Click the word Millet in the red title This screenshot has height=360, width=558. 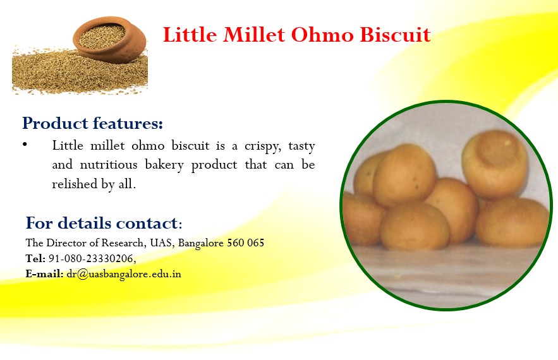pyautogui.click(x=254, y=35)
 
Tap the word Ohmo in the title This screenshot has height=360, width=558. pyautogui.click(x=322, y=35)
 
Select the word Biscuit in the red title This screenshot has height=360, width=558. pyautogui.click(x=396, y=35)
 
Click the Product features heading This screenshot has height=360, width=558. pyautogui.click(x=92, y=123)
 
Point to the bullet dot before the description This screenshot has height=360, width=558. pyautogui.click(x=25, y=144)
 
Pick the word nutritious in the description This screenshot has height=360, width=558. pyautogui.click(x=109, y=164)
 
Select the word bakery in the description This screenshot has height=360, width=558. pyautogui.click(x=164, y=165)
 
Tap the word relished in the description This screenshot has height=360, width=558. pyautogui.click(x=75, y=184)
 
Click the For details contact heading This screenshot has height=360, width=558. pyautogui.click(x=104, y=223)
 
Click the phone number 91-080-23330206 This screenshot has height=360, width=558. pyautogui.click(x=92, y=258)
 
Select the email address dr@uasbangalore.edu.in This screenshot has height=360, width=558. pyautogui.click(x=124, y=274)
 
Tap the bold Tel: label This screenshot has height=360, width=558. pyautogui.click(x=35, y=258)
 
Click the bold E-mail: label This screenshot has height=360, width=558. pyautogui.click(x=44, y=274)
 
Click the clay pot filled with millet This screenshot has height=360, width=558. pyautogui.click(x=109, y=39)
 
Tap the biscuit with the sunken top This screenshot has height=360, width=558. pyautogui.click(x=495, y=164)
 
